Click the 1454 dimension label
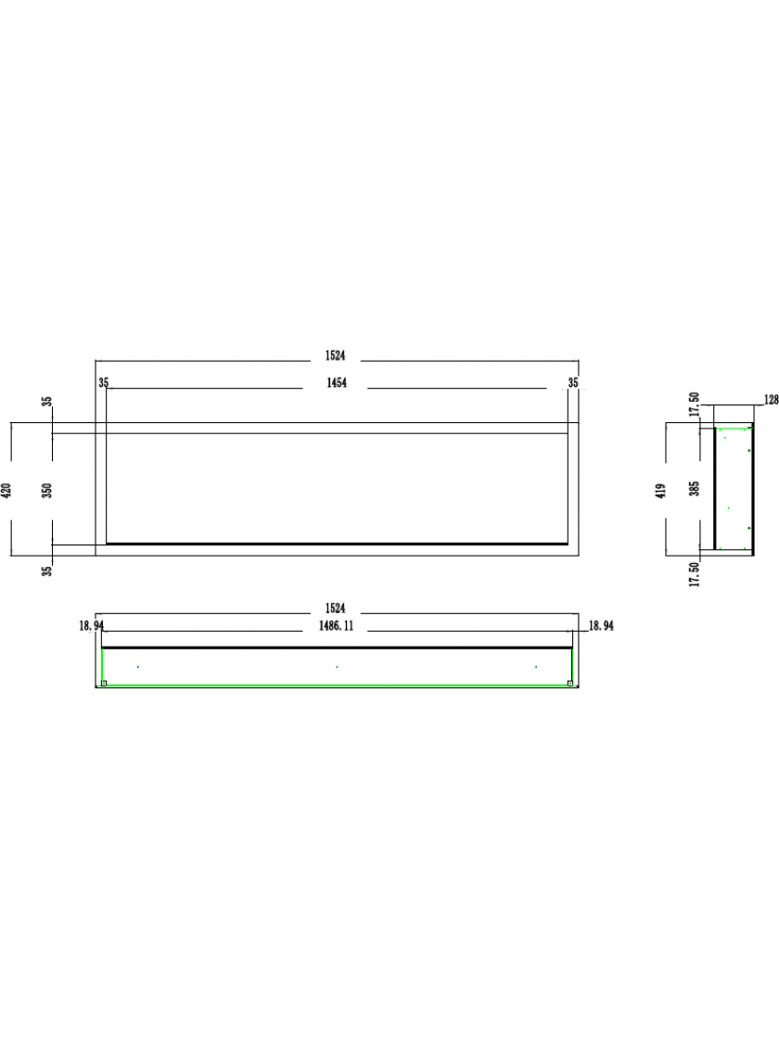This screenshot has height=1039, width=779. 337,383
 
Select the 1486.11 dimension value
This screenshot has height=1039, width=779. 336,626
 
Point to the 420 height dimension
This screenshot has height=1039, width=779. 7,491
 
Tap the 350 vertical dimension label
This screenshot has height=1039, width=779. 47,491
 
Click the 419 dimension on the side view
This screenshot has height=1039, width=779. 661,491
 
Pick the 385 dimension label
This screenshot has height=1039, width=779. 695,489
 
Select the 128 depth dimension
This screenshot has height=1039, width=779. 771,400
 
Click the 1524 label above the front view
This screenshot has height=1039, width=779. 335,356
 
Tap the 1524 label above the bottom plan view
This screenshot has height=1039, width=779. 335,609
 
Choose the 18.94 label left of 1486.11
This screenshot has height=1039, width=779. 92,625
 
